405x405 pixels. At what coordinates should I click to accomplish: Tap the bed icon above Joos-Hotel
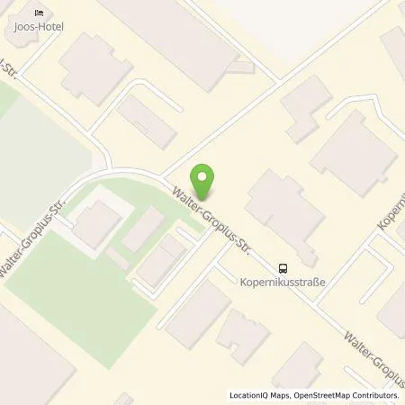[38, 13]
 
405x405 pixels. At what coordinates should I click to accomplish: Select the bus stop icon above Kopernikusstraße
[283, 267]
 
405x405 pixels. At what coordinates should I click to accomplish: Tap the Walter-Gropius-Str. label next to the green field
[36, 243]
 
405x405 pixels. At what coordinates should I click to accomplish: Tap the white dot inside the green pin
[205, 176]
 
